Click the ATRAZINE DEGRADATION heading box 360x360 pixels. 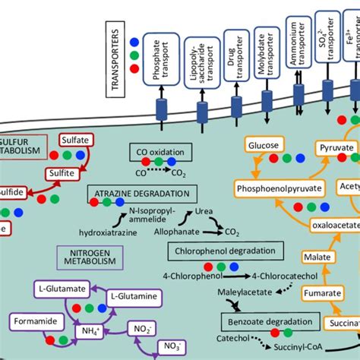point(143,194)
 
